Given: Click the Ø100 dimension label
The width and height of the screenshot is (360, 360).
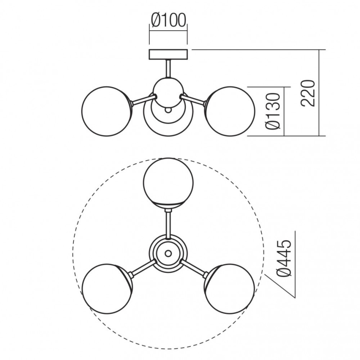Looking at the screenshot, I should pos(168,20).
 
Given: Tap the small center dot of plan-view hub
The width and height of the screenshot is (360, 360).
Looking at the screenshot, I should pos(168,253).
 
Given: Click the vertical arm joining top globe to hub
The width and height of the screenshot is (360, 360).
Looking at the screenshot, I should pos(168,224).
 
